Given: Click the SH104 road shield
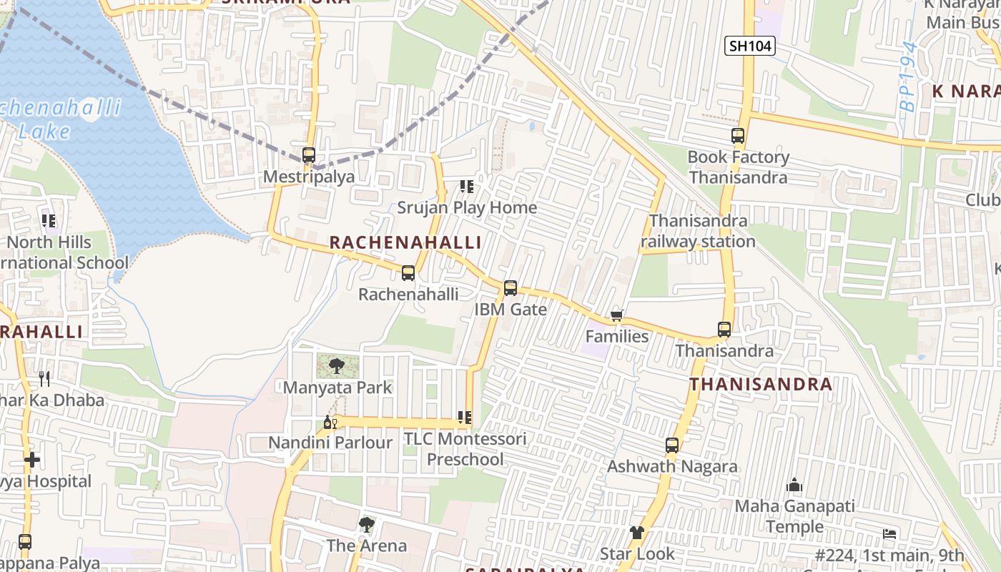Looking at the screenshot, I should point(749,46).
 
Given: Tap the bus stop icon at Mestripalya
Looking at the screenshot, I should point(309,155).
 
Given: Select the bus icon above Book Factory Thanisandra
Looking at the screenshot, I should point(738,136).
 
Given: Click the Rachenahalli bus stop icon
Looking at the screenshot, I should point(408,273).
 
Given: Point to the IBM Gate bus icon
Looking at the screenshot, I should point(511,288).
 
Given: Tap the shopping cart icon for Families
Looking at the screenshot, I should point(617,315).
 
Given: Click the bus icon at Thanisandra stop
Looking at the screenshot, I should point(724,330).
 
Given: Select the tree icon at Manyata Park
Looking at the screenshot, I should point(336,367).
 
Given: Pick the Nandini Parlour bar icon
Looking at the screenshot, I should point(330,422).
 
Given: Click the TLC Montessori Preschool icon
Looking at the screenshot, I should point(465,418).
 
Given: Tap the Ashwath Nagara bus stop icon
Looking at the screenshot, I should point(672,445).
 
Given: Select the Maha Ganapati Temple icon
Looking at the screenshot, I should point(794,485).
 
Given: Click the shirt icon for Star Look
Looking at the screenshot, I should point(637,533).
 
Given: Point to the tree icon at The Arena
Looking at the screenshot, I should point(367,525).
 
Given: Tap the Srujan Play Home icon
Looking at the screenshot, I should point(467,187).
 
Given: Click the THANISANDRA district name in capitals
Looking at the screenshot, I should point(761,385).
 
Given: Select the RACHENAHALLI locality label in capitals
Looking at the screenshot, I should point(405,243).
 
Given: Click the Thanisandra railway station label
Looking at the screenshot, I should point(698,232).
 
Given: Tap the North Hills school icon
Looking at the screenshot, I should point(49,221).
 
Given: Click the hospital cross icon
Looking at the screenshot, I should point(32,460).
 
